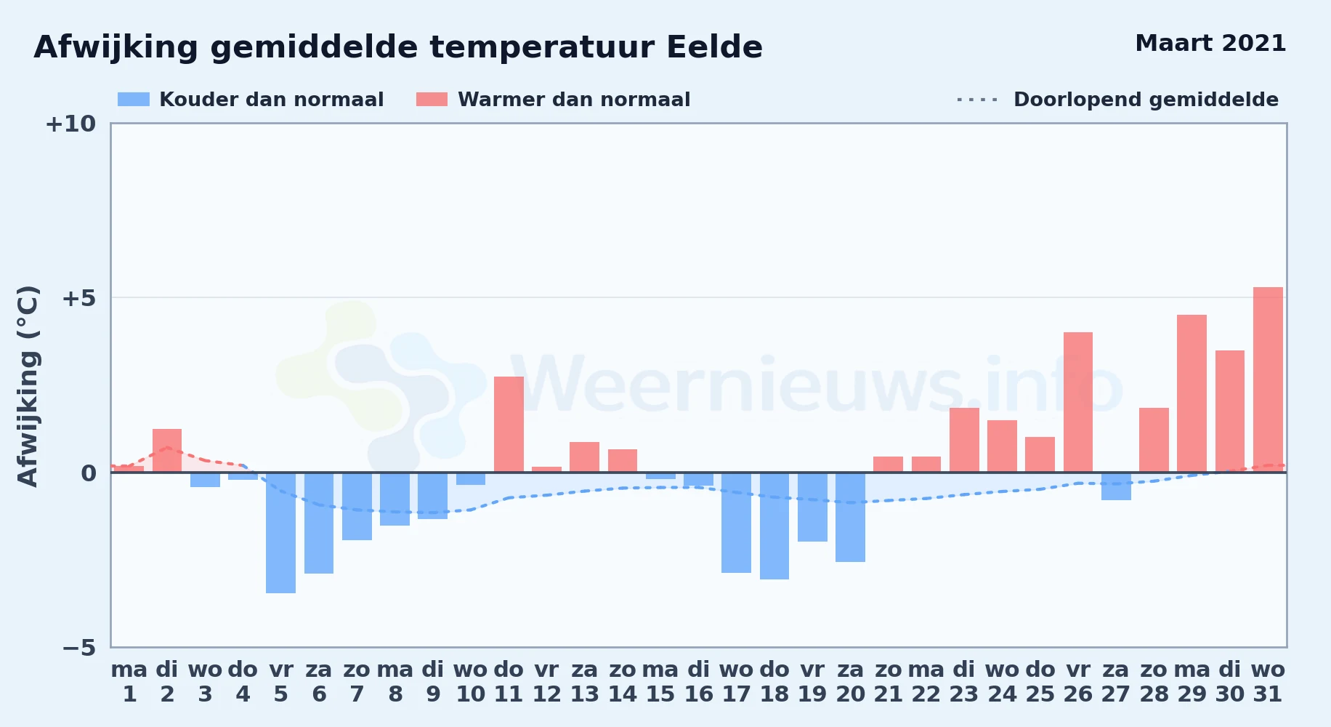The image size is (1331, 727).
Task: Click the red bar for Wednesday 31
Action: click(x=1268, y=379)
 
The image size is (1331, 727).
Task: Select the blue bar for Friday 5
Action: click(x=280, y=533)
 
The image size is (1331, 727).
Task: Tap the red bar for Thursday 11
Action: click(x=509, y=425)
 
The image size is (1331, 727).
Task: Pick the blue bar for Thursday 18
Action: click(x=774, y=526)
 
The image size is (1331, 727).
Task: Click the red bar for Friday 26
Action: click(x=1078, y=402)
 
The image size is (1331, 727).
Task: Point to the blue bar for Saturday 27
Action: click(x=1116, y=486)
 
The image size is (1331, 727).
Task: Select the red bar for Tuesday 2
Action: click(x=167, y=451)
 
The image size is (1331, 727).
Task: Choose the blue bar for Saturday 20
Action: click(x=850, y=517)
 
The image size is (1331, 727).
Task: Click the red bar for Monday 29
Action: click(x=1192, y=393)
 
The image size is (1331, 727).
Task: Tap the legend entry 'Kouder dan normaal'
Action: click(x=251, y=100)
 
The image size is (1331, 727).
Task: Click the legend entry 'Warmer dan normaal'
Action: click(x=553, y=100)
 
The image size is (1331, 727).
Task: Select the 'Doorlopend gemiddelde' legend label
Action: click(x=1146, y=100)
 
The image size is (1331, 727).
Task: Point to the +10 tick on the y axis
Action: click(x=70, y=124)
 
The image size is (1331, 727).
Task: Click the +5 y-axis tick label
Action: click(x=78, y=298)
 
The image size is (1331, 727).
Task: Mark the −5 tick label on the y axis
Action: click(x=78, y=648)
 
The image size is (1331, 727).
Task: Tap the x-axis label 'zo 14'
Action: click(x=623, y=682)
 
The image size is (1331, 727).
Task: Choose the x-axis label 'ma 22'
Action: click(x=926, y=682)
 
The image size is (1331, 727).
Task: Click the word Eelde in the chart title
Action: click(x=714, y=47)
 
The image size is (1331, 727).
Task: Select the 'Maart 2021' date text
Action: click(x=1210, y=43)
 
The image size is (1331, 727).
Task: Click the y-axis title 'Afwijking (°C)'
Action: click(x=28, y=385)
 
